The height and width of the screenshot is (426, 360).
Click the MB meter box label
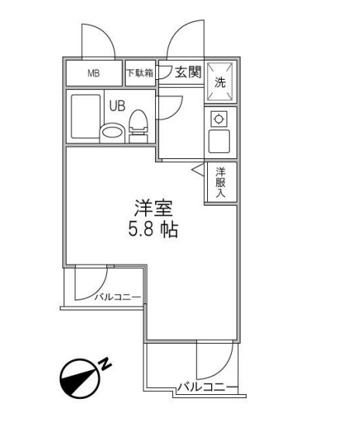[93, 74]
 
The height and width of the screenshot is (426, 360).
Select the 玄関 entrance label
[187, 74]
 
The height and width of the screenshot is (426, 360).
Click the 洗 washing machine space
[220, 81]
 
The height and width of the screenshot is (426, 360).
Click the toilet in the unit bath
[139, 125]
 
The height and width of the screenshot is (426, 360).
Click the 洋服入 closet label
[220, 182]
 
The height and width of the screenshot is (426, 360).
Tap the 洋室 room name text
[153, 208]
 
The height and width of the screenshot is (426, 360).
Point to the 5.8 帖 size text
[153, 230]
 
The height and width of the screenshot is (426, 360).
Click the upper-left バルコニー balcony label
[118, 296]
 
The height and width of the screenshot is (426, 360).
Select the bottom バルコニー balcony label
[206, 386]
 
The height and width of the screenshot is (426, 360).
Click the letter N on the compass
[106, 362]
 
